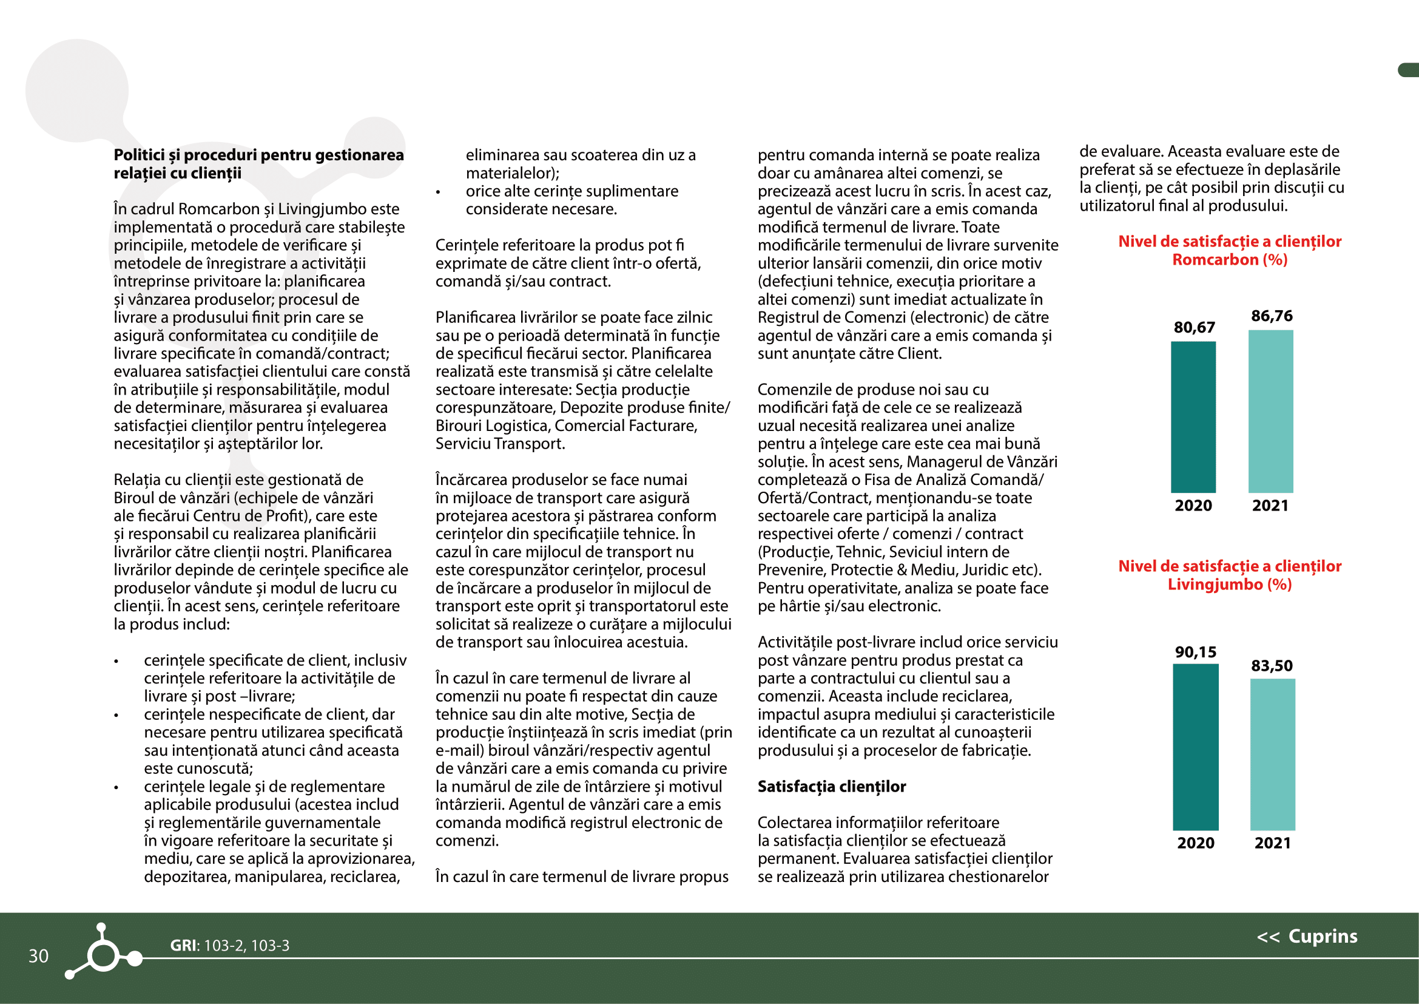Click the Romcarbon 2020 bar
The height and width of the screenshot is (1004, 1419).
(x=1193, y=416)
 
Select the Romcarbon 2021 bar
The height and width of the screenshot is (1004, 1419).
(x=1271, y=411)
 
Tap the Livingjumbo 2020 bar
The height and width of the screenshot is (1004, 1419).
(x=1195, y=747)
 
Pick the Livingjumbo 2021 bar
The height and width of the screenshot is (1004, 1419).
(x=1273, y=755)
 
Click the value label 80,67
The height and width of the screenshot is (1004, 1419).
(x=1194, y=327)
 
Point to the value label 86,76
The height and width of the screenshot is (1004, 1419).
(x=1272, y=316)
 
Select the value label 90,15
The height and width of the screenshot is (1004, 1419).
(x=1195, y=651)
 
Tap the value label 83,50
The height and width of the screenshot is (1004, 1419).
(x=1272, y=665)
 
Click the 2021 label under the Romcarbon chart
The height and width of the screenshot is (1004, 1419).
(x=1270, y=505)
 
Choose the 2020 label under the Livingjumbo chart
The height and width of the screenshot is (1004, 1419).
(x=1195, y=843)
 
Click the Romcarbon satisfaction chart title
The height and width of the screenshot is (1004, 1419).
(x=1229, y=250)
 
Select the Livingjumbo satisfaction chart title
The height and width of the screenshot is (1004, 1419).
(x=1229, y=575)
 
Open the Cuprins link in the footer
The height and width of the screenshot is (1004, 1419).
(x=1307, y=937)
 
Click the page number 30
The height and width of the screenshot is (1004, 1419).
(x=38, y=956)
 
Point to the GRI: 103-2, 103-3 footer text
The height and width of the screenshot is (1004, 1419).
(x=229, y=945)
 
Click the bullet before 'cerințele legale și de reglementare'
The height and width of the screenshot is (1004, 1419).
(x=116, y=788)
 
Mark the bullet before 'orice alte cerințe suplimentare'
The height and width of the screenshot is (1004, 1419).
(x=438, y=192)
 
